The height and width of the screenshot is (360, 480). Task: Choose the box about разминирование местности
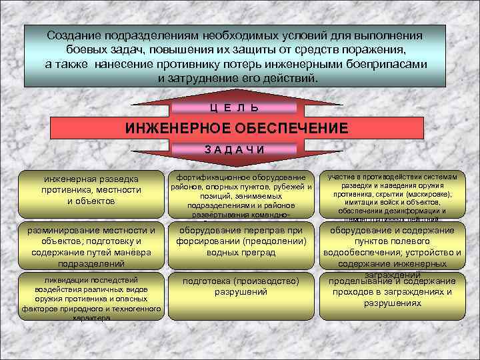pos(91,245)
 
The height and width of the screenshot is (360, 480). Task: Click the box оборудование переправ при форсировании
pos(241,241)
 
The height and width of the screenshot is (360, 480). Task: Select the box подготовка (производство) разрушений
pos(241,287)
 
